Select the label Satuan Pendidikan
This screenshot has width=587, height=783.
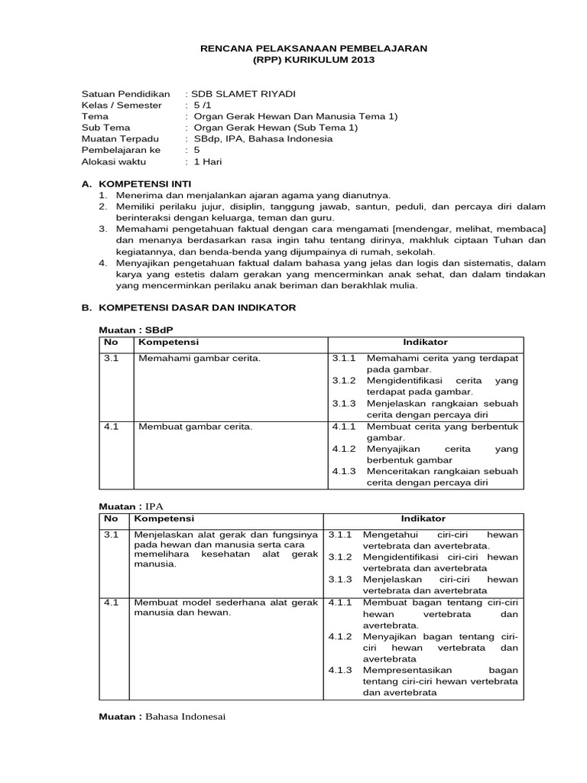[x=125, y=93]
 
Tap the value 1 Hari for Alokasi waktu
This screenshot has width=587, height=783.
[x=206, y=162]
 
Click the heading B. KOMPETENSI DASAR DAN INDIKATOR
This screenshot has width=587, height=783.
[x=188, y=307]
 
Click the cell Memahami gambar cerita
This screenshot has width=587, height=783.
[x=199, y=358]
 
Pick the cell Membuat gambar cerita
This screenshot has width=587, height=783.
[x=195, y=426]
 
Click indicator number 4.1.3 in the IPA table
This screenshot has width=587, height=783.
[x=341, y=670]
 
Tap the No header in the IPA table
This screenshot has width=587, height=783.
[x=110, y=518]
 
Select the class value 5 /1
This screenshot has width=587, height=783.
[x=203, y=105]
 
